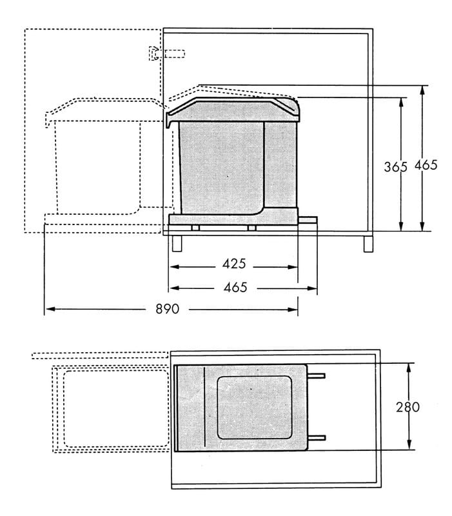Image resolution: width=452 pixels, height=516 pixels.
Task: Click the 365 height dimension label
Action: coord(395,166)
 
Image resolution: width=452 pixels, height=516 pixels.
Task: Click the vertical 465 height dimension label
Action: coord(426,164)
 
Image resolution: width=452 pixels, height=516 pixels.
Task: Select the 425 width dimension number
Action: coord(234,264)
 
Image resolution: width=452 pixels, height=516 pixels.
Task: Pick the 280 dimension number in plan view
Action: coord(408,406)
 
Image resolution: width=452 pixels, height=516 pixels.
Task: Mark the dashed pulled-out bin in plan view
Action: coord(110,408)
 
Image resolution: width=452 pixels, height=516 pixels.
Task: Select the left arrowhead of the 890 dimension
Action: coord(47,310)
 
